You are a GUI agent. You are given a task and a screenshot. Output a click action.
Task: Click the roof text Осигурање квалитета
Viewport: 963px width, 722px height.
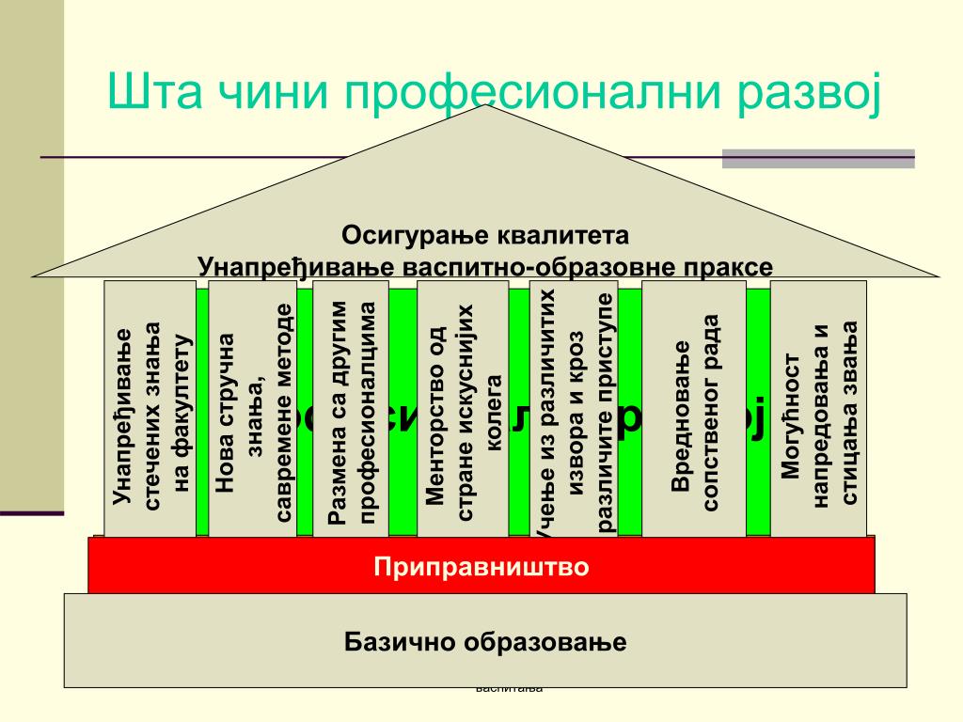[x=484, y=234]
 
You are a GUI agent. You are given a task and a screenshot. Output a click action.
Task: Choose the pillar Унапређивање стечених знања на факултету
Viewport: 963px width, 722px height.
[x=150, y=409]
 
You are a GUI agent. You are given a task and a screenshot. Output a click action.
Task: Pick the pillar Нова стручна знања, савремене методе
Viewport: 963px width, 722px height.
[x=253, y=409]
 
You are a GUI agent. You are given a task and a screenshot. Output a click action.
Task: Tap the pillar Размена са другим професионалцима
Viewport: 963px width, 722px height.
[x=351, y=409]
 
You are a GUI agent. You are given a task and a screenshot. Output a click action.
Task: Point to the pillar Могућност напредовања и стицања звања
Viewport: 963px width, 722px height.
[x=819, y=409]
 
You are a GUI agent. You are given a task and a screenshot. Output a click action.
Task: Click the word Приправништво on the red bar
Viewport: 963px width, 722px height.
[x=481, y=567]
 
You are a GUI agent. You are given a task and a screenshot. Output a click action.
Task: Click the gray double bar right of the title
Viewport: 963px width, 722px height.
[x=818, y=158]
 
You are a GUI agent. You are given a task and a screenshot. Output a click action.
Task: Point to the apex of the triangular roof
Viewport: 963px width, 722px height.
[x=486, y=107]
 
